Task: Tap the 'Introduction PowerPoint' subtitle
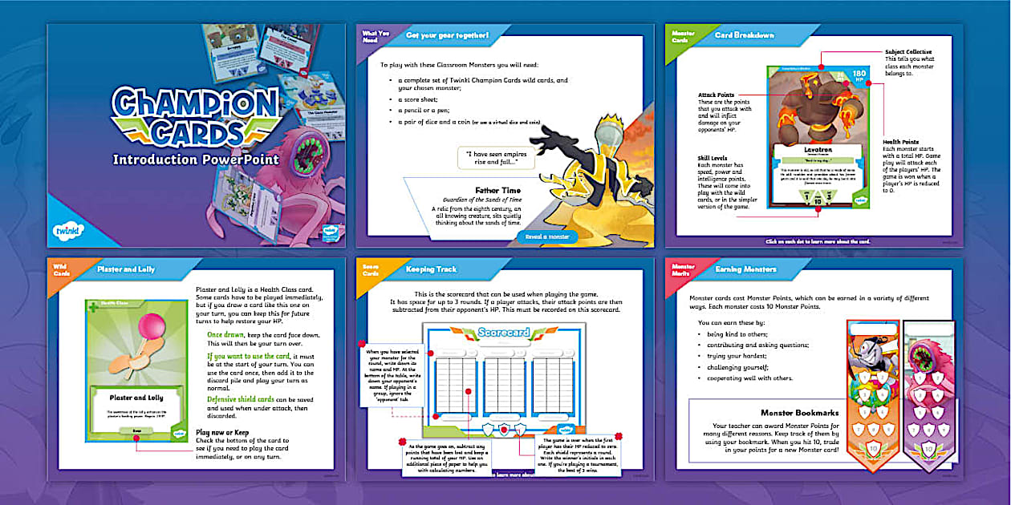[x=196, y=159]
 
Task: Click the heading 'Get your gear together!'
[x=447, y=35]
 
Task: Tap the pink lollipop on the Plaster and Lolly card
[x=132, y=325]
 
